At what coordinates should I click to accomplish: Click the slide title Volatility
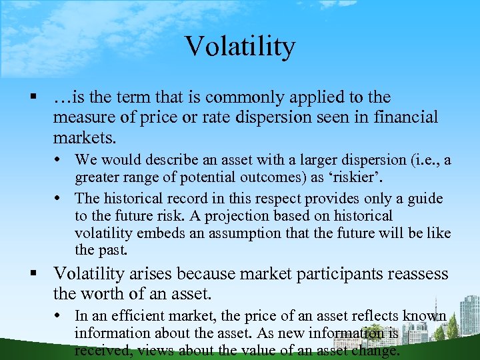point(239,46)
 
